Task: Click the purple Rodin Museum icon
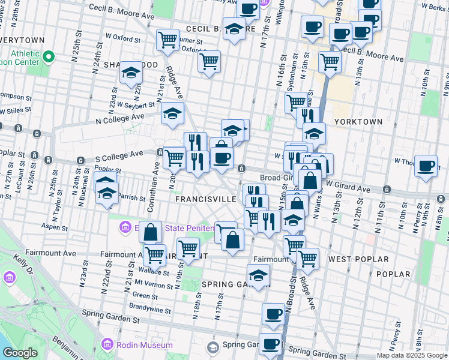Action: point(107,344)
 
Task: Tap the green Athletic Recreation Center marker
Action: point(49,58)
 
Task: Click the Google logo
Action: point(20,353)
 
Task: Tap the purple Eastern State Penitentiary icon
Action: point(125,227)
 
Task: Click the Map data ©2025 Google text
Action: point(412,355)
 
